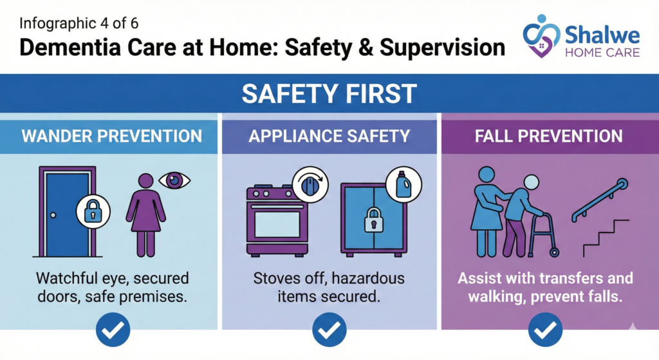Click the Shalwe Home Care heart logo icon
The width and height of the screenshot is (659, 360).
click(541, 36)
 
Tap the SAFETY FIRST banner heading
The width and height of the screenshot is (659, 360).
click(329, 93)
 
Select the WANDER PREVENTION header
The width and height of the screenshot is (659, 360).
click(112, 137)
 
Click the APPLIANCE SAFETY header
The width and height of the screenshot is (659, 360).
click(329, 137)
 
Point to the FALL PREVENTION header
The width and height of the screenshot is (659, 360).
click(548, 137)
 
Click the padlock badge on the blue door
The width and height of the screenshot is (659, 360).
click(93, 211)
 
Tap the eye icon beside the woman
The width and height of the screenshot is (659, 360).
click(174, 180)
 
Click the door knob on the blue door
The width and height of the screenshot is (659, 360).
click(53, 215)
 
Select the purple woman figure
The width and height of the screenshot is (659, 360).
click(146, 215)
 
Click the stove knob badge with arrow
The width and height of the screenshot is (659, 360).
click(310, 185)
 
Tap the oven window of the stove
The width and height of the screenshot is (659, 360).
click(277, 225)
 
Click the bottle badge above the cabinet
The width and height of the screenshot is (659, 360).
click(404, 184)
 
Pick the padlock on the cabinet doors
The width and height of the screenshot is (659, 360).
click(374, 220)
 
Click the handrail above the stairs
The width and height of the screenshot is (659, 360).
click(600, 200)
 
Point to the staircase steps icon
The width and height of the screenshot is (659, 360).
click(606, 238)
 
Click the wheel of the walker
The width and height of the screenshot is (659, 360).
click(554, 252)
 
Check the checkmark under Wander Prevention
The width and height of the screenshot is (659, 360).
click(113, 330)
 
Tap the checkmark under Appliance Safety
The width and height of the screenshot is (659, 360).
click(329, 330)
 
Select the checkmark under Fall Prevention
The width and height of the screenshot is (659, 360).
click(545, 330)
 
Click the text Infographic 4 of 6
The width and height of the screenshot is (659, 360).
click(79, 24)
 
